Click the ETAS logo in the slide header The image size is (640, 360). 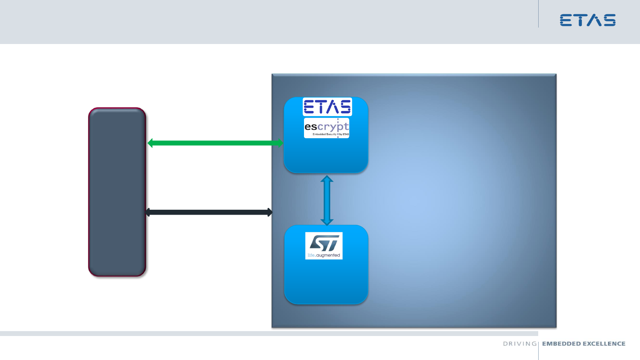[x=588, y=20]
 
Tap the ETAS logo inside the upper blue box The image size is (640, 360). [x=327, y=107]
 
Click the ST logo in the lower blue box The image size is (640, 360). [x=324, y=243]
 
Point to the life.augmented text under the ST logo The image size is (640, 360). [x=324, y=256]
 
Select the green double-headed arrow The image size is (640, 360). [x=216, y=143]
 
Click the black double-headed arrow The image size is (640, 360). [x=209, y=212]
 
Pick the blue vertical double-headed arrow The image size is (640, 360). [x=327, y=200]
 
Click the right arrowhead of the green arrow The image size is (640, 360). [x=280, y=143]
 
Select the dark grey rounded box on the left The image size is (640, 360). [x=117, y=192]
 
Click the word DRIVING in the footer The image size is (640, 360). [x=520, y=344]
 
